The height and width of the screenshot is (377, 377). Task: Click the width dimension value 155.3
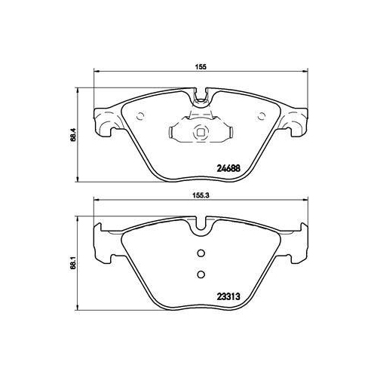(200, 192)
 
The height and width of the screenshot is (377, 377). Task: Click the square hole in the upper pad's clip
(201, 134)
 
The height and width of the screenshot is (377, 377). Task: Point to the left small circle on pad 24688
(143, 115)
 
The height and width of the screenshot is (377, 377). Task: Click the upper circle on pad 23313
(201, 253)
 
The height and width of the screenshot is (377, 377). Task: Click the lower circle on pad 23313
(201, 274)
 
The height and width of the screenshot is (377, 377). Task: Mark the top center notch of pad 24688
(201, 97)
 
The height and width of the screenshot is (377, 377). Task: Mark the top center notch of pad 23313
(201, 224)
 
